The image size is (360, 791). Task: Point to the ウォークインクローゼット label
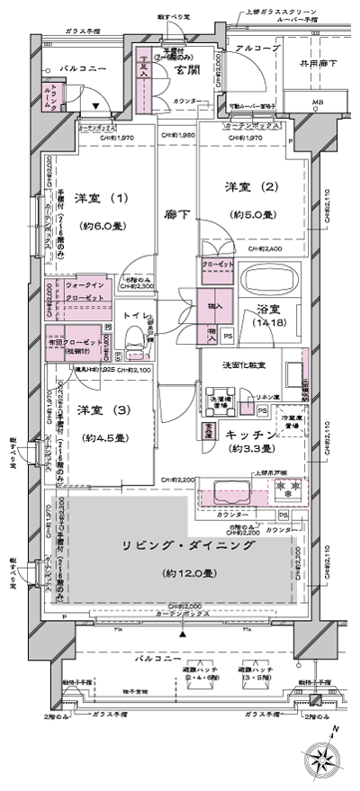(85, 291)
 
